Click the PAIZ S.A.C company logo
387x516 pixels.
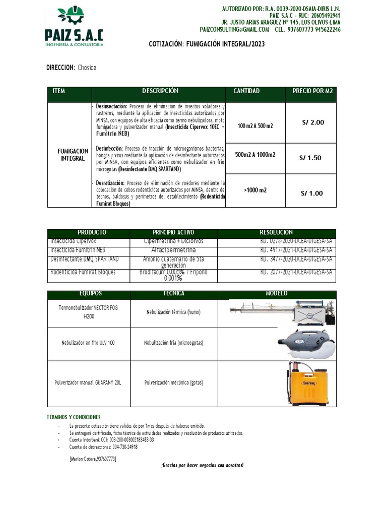[74, 26]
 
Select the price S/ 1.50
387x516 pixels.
[310, 158]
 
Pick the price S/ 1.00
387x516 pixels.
[311, 193]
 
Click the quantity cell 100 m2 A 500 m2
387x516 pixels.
[255, 125]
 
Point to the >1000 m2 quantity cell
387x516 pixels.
[255, 190]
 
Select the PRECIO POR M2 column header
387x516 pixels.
[312, 91]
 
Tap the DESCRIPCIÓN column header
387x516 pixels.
[160, 91]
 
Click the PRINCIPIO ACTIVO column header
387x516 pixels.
[173, 232]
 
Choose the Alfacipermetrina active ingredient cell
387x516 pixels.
[173, 250]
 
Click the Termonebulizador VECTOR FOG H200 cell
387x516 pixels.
[89, 312]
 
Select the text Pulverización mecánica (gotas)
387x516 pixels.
[173, 383]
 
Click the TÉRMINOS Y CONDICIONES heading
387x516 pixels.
[73, 417]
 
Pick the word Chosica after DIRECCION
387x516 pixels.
[87, 68]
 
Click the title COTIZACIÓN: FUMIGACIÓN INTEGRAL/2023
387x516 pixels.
[207, 44]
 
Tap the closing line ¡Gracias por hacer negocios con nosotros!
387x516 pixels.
[202, 465]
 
